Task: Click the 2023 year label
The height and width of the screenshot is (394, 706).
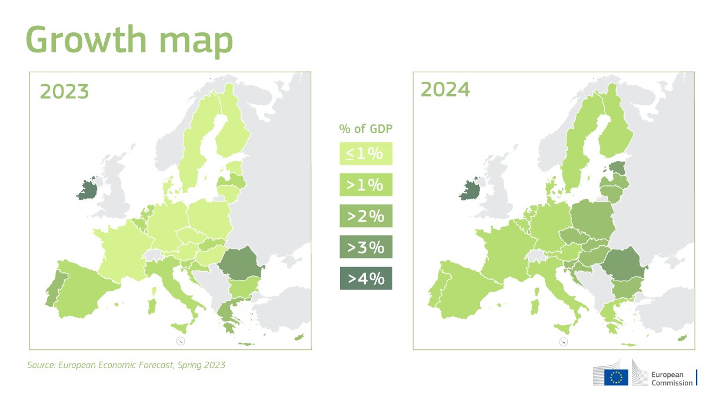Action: [x=64, y=91]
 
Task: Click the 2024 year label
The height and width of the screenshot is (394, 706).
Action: [x=445, y=89]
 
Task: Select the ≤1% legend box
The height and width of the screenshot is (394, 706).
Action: [x=366, y=153]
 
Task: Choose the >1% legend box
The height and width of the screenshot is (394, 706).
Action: [x=366, y=185]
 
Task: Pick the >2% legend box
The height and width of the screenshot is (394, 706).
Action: [x=366, y=216]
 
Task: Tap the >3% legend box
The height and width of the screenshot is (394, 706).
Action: [x=366, y=247]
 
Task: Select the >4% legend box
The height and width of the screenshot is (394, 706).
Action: [x=366, y=278]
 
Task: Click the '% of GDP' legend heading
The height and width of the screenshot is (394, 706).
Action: [x=365, y=129]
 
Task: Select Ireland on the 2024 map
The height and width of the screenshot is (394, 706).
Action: [x=470, y=189]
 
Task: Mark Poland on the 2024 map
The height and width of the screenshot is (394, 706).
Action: [x=593, y=219]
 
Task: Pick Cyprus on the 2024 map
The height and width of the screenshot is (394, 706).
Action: [x=682, y=338]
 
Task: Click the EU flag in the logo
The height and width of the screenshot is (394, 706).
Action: [x=616, y=378]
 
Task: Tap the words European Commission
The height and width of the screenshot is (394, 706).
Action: [x=672, y=379]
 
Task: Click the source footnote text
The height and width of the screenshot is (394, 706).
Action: [x=126, y=365]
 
